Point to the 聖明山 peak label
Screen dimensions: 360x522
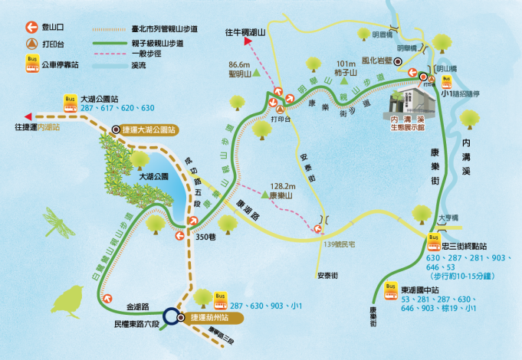point(240,75)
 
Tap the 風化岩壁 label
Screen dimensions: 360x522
point(382,59)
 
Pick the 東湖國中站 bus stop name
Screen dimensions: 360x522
point(421,289)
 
